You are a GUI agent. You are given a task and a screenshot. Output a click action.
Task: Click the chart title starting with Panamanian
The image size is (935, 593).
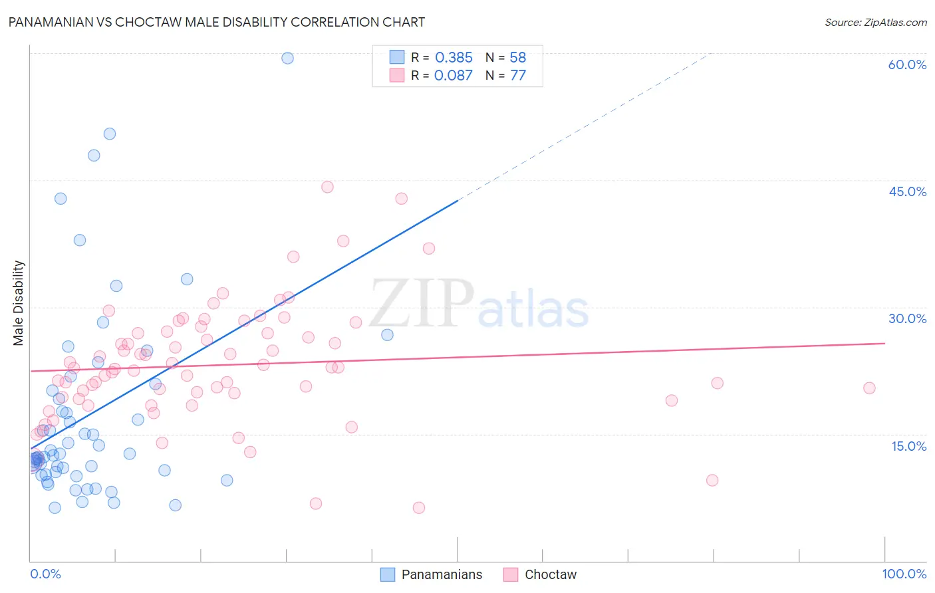point(217,22)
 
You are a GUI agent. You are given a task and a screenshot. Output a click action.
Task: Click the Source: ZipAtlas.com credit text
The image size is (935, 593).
point(875,23)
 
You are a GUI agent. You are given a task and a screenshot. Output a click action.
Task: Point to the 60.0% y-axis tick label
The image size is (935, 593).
point(907,64)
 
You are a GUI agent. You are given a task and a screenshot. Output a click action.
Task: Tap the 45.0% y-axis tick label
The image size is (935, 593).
point(907,191)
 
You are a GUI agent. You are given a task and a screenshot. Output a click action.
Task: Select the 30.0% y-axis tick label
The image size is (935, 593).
point(907,318)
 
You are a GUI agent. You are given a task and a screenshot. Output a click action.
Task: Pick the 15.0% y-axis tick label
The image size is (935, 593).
point(908,446)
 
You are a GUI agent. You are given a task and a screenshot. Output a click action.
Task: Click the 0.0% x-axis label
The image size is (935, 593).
point(45,574)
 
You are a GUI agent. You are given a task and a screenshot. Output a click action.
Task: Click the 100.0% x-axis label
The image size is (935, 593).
point(904,574)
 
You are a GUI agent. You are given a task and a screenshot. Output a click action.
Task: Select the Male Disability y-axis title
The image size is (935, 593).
point(19,303)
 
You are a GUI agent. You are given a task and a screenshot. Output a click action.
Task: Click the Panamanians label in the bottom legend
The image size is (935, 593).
point(442,574)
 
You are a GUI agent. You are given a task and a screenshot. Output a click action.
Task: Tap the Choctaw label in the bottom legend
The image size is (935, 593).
point(551,574)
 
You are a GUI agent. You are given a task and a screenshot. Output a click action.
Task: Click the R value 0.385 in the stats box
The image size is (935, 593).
point(454,58)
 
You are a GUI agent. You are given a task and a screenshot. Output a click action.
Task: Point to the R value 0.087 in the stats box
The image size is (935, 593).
point(453,75)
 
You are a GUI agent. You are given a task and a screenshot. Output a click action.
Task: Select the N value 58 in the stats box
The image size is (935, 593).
point(517,58)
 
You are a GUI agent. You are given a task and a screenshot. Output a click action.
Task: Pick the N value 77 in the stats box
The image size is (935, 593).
point(517,75)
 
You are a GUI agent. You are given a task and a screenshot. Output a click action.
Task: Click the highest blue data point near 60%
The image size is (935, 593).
point(287,58)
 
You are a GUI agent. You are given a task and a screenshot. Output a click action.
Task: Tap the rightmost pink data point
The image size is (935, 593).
point(869,388)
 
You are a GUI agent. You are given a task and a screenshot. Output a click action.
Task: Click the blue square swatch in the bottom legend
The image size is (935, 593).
point(388,574)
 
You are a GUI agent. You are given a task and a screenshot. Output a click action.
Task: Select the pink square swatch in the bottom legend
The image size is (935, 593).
point(511,574)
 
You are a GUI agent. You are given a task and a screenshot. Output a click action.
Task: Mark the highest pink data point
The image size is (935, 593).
point(327,187)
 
